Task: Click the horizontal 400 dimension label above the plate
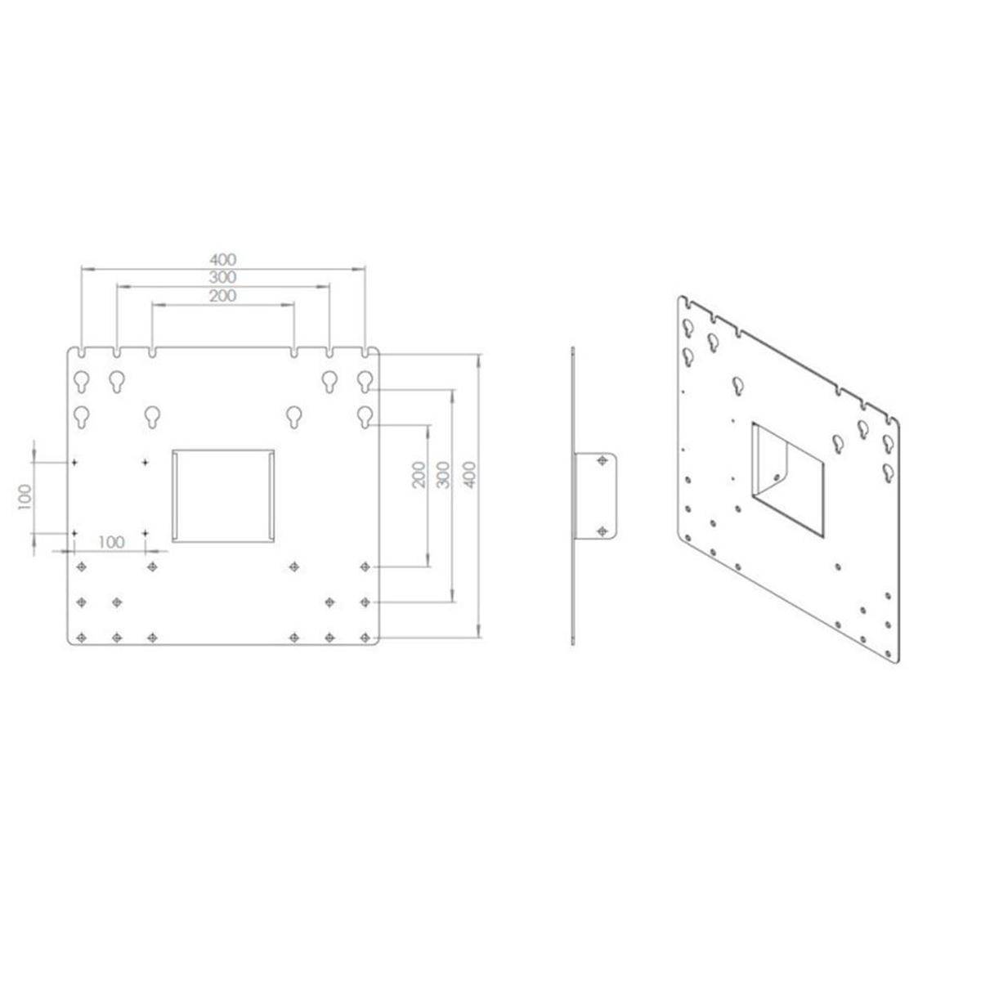222,259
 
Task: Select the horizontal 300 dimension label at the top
222,278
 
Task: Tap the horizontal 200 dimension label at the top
222,296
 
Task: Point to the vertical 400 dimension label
470,474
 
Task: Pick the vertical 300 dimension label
443,475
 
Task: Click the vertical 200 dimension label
418,475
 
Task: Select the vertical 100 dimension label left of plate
24,496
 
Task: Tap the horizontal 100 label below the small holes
110,542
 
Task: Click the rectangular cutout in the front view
222,495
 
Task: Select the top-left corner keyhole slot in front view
82,381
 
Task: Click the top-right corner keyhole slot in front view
365,381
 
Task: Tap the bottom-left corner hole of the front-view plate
80,637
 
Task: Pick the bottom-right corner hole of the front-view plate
365,637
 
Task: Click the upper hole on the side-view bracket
602,462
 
